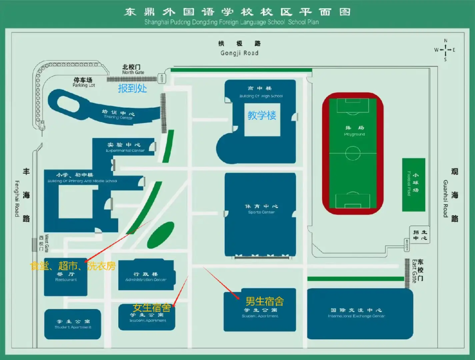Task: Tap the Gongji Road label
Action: coord(239,48)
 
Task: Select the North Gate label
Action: coord(132,69)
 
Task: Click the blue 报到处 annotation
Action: coord(132,88)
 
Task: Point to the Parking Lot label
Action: coord(83,82)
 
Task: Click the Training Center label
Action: coord(119,115)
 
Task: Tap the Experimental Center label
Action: coord(125,147)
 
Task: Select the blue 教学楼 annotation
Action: coord(262,116)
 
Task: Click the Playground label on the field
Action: coord(354,131)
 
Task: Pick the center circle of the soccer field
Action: coord(353,153)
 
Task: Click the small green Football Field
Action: coord(413,185)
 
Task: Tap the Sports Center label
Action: coord(261,209)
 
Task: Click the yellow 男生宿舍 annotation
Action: coord(264,301)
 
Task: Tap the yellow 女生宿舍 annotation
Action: coord(152,308)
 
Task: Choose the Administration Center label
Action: coord(146,276)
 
